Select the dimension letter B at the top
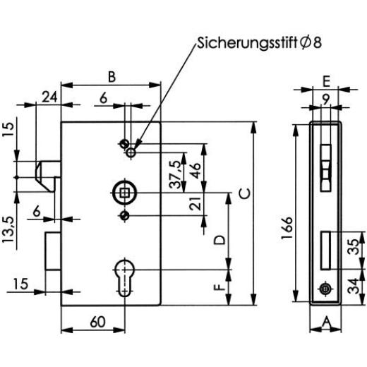112,76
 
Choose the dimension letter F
220,288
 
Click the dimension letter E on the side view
325,80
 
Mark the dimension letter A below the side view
325,322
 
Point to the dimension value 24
49,97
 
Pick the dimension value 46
192,169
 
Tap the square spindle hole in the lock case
124,191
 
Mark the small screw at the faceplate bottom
324,289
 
